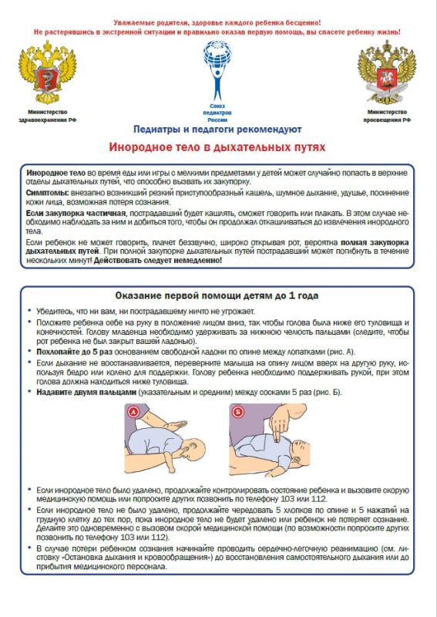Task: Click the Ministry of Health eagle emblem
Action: (48, 72)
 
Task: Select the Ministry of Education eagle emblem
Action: (387, 72)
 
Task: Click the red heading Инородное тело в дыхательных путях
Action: (217, 147)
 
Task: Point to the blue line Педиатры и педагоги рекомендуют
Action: (217, 129)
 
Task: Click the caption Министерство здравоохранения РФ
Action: (47, 116)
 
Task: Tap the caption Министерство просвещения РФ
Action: (387, 116)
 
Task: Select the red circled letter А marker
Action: (133, 412)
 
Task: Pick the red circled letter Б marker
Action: (237, 412)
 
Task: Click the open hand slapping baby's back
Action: (175, 426)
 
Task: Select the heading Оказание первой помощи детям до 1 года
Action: (217, 296)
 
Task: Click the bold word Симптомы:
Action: (48, 193)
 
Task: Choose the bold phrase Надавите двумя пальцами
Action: (86, 392)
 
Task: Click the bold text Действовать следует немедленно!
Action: (158, 261)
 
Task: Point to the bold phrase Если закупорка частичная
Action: (76, 214)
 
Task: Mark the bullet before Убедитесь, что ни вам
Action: (29, 311)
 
